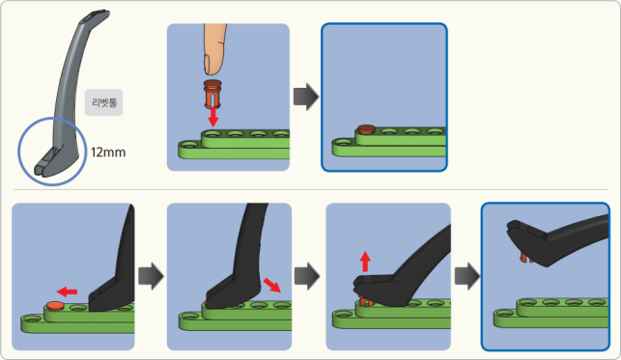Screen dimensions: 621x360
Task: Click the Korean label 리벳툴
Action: coord(103,103)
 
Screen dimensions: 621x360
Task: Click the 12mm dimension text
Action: coord(108,152)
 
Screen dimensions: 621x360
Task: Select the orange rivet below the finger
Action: coord(212,94)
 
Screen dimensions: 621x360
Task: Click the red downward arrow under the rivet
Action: coord(213,117)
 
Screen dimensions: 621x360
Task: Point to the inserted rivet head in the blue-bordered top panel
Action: coord(367,129)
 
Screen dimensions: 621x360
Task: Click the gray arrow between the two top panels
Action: coord(306,97)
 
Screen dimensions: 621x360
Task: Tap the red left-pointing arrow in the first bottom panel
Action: coord(67,292)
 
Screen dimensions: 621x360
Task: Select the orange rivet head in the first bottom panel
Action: coord(55,305)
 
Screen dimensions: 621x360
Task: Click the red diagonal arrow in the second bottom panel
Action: coord(272,285)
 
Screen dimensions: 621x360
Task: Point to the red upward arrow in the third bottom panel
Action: coord(365,262)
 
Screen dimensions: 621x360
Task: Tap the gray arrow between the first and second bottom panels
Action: coord(151,276)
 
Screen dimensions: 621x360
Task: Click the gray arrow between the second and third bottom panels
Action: coord(307,276)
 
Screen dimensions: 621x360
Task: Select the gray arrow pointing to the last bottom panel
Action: coord(467,276)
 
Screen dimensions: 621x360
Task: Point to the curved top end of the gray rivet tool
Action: coord(97,15)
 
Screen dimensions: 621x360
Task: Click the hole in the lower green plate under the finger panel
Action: coord(189,145)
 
